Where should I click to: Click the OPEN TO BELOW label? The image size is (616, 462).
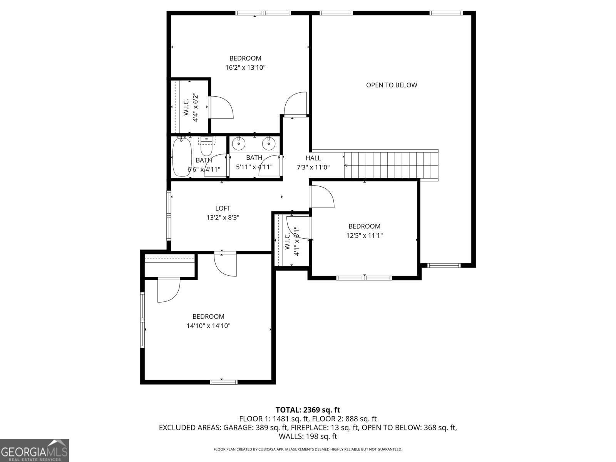[x=391, y=85]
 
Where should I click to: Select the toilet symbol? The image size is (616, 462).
[x=206, y=146]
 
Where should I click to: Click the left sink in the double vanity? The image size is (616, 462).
[x=239, y=144]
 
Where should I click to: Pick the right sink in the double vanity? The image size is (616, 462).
[x=268, y=144]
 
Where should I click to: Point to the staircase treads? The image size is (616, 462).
[x=391, y=166]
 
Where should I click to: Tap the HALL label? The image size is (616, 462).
[x=313, y=158]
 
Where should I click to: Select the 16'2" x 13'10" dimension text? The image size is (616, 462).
[x=245, y=68]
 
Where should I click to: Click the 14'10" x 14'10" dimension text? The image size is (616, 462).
[x=208, y=326]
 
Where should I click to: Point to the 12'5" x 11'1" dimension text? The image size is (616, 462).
[x=364, y=236]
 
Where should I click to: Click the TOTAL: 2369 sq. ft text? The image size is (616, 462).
[x=308, y=410]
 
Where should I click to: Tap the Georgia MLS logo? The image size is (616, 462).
[x=34, y=450]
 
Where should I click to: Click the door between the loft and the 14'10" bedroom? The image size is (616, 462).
[x=225, y=264]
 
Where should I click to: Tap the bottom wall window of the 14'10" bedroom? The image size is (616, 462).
[x=223, y=382]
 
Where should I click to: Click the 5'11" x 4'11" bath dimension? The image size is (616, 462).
[x=254, y=167]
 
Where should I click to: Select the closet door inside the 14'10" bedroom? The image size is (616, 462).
[x=169, y=290]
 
